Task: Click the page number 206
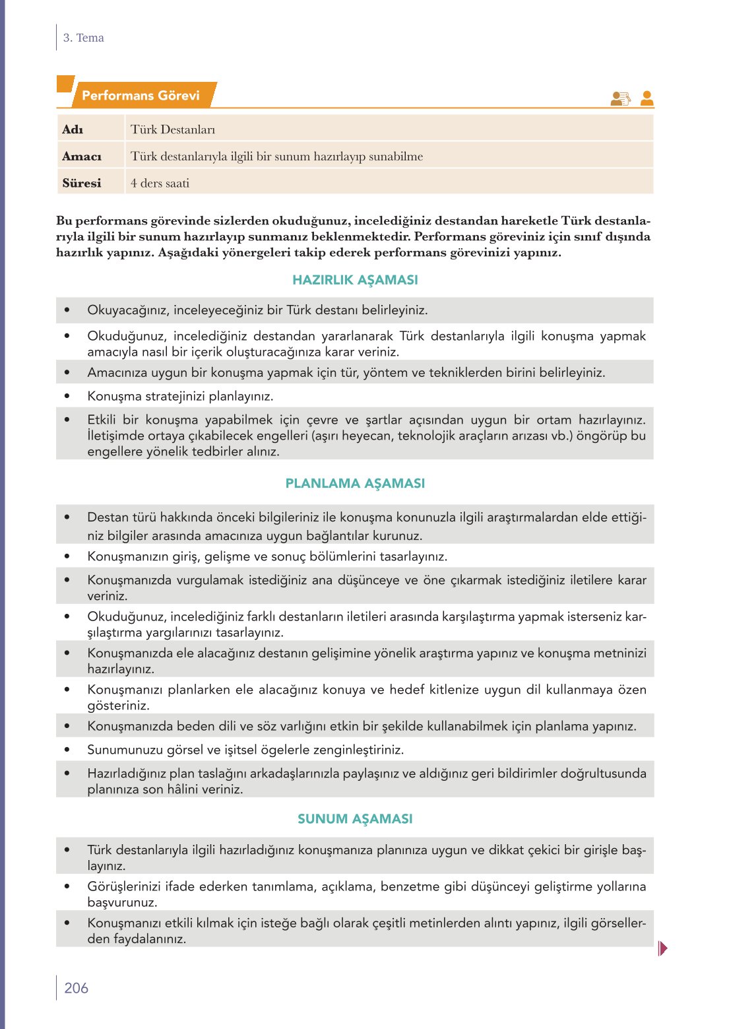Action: (76, 988)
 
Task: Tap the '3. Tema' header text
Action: (83, 38)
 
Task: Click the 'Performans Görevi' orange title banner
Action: (141, 96)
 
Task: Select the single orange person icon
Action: (647, 98)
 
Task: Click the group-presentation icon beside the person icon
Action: (621, 98)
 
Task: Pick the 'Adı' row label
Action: (73, 129)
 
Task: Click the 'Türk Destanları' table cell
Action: (173, 129)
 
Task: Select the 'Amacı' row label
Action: (82, 156)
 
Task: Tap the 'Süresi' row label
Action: (82, 183)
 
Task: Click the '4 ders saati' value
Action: (160, 183)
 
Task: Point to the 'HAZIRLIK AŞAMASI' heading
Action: (355, 280)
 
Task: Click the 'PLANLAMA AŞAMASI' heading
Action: (355, 483)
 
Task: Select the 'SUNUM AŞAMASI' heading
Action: (355, 818)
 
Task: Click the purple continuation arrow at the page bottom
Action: (662, 948)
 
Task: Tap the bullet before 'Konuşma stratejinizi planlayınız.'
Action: (67, 396)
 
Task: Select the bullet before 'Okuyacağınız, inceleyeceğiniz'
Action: (67, 310)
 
